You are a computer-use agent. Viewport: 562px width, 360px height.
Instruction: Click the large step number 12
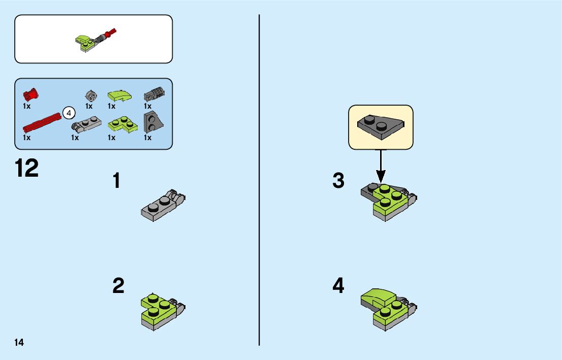26,169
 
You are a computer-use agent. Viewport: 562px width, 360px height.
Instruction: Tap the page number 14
19,342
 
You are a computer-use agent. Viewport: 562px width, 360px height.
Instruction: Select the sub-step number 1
116,181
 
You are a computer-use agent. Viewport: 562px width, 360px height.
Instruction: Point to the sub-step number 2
118,285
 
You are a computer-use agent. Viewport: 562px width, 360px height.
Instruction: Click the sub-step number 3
338,180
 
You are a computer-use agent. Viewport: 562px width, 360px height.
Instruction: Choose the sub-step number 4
338,285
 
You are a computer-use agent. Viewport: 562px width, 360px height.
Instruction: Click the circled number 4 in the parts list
69,113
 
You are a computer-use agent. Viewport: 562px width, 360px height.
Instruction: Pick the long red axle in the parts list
42,122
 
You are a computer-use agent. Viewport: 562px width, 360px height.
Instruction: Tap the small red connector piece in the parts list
31,94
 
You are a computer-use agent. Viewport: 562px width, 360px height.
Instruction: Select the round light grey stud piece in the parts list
91,95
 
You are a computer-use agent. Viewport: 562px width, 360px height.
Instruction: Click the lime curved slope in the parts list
119,95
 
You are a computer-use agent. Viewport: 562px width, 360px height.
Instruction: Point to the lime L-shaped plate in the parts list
122,124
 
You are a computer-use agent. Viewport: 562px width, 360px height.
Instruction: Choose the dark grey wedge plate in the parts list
153,122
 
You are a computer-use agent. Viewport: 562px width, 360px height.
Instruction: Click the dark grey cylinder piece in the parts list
154,94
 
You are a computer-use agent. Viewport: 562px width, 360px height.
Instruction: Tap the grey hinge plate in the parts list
86,124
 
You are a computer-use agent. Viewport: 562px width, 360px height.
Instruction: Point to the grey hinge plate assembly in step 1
163,205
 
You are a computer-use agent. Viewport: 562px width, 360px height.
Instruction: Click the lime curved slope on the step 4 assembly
378,298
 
